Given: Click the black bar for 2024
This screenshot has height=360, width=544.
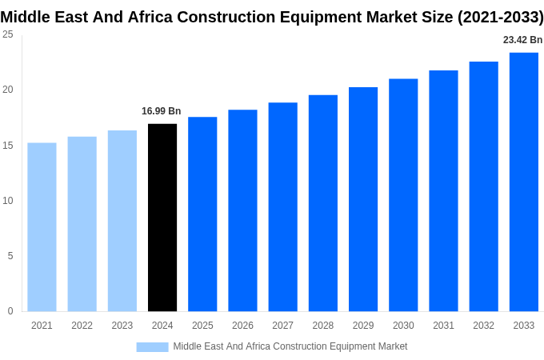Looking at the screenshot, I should pyautogui.click(x=162, y=218).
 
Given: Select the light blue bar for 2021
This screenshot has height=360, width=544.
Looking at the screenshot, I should pyautogui.click(x=42, y=227).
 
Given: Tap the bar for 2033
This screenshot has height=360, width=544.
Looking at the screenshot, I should pyautogui.click(x=524, y=182).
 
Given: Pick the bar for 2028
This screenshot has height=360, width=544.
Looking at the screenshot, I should pyautogui.click(x=323, y=203).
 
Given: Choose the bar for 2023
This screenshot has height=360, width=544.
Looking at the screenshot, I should pyautogui.click(x=122, y=221).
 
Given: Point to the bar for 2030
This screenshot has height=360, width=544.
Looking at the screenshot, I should pyautogui.click(x=403, y=195).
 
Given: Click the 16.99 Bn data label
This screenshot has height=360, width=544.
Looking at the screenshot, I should pyautogui.click(x=162, y=111).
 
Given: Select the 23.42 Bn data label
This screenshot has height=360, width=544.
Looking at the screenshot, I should pyautogui.click(x=522, y=40).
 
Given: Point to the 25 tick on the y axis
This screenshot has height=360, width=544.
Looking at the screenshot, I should pyautogui.click(x=7, y=34).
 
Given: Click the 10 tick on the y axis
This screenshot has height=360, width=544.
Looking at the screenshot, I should pyautogui.click(x=7, y=201).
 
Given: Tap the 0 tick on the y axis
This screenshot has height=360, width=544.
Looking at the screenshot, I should pyautogui.click(x=10, y=311).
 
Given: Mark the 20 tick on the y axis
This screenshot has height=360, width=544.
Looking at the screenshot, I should pyautogui.click(x=7, y=90).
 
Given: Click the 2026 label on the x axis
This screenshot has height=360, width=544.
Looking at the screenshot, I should pyautogui.click(x=242, y=326).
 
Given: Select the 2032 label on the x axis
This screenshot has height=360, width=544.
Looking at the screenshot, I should pyautogui.click(x=483, y=326).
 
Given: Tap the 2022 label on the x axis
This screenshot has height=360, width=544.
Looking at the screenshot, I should pyautogui.click(x=82, y=326).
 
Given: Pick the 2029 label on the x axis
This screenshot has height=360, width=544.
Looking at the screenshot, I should pyautogui.click(x=363, y=326).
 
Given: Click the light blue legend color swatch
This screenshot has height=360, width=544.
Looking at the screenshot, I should pyautogui.click(x=152, y=346).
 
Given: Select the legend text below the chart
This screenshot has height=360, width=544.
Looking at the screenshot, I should pyautogui.click(x=290, y=346).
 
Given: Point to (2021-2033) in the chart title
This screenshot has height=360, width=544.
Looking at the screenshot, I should pyautogui.click(x=500, y=17).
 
